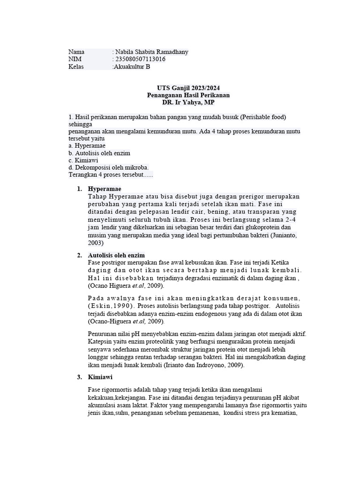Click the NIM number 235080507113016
(140, 60)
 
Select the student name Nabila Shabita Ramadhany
(151, 52)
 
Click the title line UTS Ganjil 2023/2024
(188, 88)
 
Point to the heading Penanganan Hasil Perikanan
(188, 95)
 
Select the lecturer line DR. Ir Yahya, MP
(188, 103)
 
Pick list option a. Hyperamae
(87, 146)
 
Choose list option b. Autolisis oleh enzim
(99, 153)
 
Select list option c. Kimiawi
(81, 160)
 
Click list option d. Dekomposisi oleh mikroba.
(108, 168)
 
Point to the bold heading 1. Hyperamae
(105, 189)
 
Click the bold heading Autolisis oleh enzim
(117, 255)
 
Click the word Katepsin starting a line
(101, 342)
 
